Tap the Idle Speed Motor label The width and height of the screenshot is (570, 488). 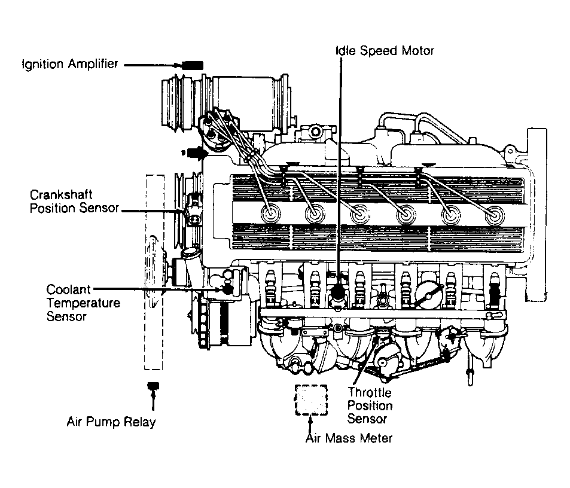tap(384, 51)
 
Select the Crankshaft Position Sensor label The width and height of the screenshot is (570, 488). tap(74, 202)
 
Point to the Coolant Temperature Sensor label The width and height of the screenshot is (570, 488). tap(83, 303)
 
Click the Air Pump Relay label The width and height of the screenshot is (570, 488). tap(111, 422)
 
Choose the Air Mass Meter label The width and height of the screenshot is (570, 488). tap(349, 438)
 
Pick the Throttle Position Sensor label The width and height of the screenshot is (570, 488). tap(370, 406)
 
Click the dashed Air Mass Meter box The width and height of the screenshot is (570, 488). tap(311, 400)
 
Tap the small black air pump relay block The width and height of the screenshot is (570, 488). tap(153, 385)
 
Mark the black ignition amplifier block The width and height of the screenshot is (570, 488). tap(193, 65)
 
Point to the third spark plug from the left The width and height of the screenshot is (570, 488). tap(359, 214)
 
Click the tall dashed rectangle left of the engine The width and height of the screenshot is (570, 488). tap(154, 272)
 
